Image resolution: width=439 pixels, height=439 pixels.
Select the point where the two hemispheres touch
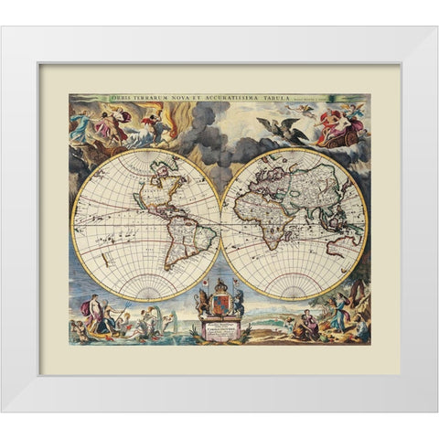click(220, 224)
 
